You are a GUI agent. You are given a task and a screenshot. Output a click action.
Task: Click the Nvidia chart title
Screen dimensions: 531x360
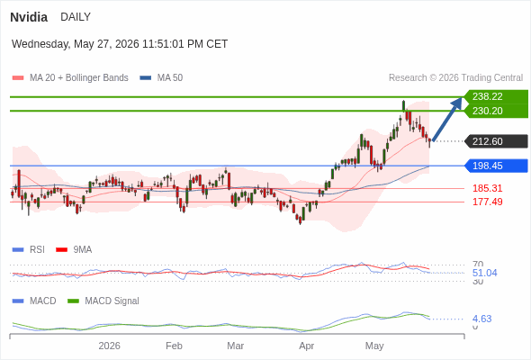point(29,17)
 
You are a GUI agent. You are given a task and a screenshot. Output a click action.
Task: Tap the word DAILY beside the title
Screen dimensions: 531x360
point(76,17)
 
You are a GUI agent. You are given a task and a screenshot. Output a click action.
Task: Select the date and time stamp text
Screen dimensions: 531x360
point(120,44)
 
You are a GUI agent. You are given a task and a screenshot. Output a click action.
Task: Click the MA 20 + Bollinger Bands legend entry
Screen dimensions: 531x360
point(70,78)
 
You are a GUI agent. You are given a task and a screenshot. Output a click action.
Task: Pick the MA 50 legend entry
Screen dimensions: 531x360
point(161,78)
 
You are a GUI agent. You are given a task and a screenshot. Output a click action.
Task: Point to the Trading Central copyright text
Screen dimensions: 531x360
point(455,78)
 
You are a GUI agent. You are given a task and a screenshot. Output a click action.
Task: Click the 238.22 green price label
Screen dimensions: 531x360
point(496,96)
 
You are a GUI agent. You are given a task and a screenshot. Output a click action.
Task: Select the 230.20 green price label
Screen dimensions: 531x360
point(496,111)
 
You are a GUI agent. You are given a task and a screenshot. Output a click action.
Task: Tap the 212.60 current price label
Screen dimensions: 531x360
point(496,141)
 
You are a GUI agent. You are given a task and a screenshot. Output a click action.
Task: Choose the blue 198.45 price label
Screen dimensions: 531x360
point(496,166)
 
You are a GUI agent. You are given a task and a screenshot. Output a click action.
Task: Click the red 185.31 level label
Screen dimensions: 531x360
point(488,188)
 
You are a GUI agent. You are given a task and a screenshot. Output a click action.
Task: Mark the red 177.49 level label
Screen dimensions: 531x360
point(488,202)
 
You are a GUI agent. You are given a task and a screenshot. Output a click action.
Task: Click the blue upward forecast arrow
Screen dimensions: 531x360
point(447,119)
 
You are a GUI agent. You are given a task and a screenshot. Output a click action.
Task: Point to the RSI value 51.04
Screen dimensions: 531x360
point(484,273)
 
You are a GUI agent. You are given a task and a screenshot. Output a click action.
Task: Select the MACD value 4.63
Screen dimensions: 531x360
point(481,319)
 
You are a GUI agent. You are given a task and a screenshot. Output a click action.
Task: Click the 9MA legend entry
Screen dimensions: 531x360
point(74,250)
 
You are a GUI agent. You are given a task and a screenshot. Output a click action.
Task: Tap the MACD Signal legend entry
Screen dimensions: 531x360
point(103,301)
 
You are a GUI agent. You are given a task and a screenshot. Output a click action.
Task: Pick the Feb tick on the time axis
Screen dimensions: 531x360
point(174,346)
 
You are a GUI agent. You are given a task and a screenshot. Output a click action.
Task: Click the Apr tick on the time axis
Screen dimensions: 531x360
point(307,346)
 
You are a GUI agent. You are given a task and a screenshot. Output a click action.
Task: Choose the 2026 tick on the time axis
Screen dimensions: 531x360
point(109,346)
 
